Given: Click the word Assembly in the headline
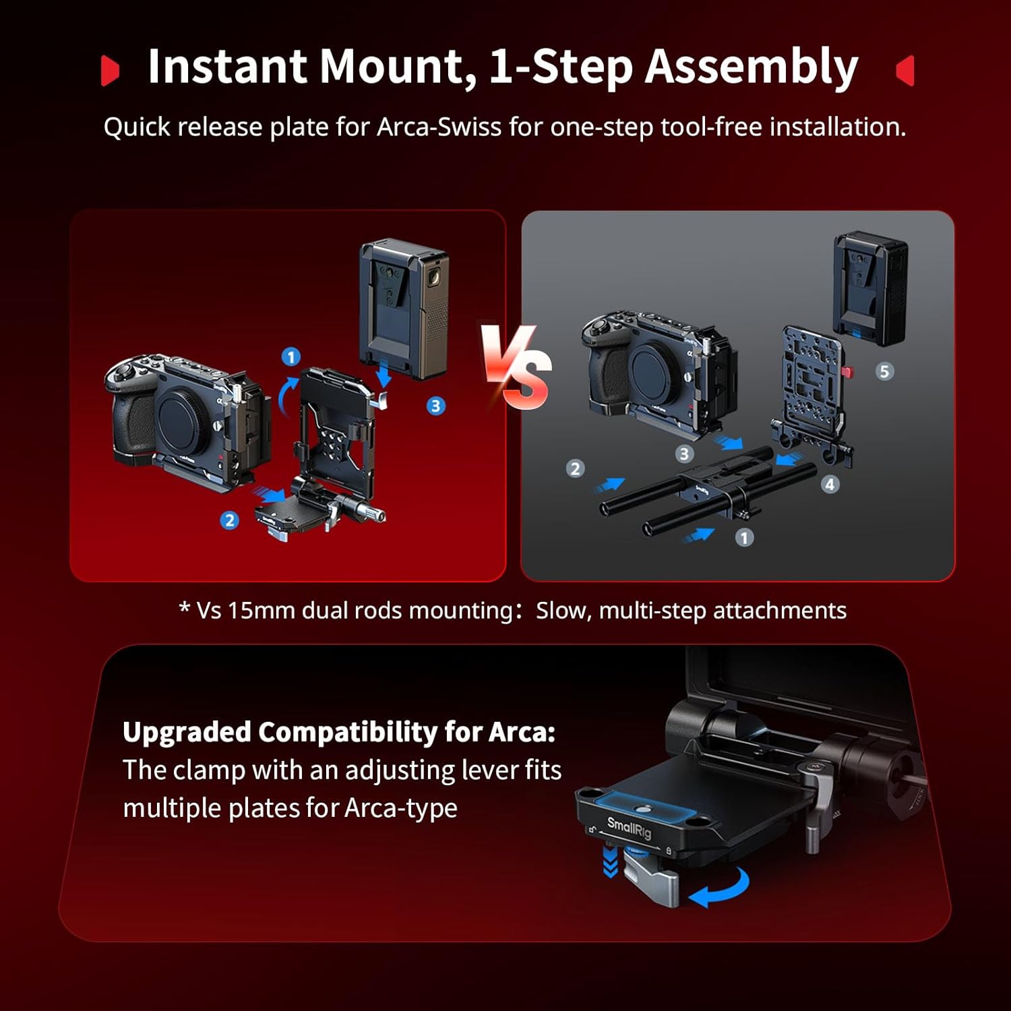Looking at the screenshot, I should click(x=752, y=67).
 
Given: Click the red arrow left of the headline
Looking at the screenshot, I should click(x=110, y=71).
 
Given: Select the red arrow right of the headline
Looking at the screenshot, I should click(x=905, y=70).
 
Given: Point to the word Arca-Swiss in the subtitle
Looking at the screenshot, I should click(x=439, y=127).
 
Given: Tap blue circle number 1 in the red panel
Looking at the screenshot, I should click(x=290, y=357).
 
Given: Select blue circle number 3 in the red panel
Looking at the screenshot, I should click(x=435, y=406).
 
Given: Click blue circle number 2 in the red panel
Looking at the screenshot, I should click(x=230, y=520).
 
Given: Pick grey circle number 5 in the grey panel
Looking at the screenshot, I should click(x=884, y=371).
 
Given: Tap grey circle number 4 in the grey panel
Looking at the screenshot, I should click(x=830, y=484).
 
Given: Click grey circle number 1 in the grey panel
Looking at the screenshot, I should click(x=744, y=537).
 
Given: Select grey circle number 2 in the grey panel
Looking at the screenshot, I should click(x=575, y=468).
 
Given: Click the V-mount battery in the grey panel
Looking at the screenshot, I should click(x=870, y=286).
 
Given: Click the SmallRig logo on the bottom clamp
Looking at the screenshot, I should click(x=629, y=827).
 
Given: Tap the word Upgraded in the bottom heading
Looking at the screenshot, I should click(x=186, y=732).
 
